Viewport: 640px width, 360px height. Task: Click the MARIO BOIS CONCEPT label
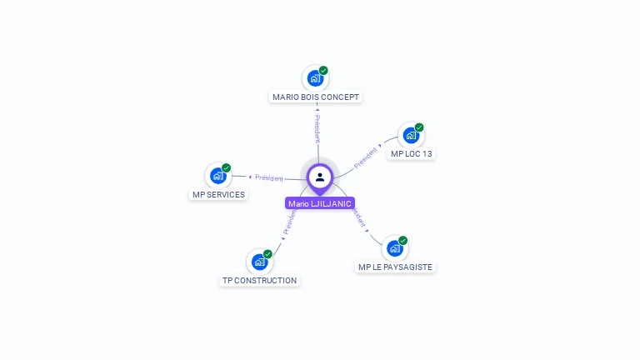click(x=316, y=97)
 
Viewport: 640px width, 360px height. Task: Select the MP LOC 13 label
click(x=412, y=154)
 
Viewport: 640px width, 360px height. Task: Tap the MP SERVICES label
click(x=218, y=195)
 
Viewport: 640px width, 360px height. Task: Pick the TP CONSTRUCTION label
click(x=259, y=281)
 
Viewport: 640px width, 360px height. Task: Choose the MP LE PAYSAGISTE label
click(x=395, y=267)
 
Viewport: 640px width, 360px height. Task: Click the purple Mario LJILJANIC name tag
click(x=320, y=203)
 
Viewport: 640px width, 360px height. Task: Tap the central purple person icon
click(x=320, y=177)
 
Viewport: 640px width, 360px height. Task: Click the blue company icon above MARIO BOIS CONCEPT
click(x=315, y=78)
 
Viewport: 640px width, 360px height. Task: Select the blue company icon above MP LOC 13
click(x=410, y=135)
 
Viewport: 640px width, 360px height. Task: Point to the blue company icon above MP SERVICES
click(x=217, y=176)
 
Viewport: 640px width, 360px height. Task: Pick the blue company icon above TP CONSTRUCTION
click(x=259, y=262)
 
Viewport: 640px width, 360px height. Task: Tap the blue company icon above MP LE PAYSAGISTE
click(x=394, y=248)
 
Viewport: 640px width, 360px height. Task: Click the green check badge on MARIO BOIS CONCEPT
click(x=323, y=71)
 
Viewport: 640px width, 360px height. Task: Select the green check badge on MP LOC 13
click(x=419, y=127)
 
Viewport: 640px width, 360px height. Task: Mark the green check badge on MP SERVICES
click(x=226, y=168)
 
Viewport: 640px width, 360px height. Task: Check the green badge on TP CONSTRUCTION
click(x=267, y=254)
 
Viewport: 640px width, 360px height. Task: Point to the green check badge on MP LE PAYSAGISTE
click(x=402, y=241)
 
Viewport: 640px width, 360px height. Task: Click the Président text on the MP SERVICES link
click(x=269, y=177)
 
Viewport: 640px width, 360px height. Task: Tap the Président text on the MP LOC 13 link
click(x=366, y=157)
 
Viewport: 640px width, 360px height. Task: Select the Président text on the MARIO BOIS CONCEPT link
click(x=317, y=127)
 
